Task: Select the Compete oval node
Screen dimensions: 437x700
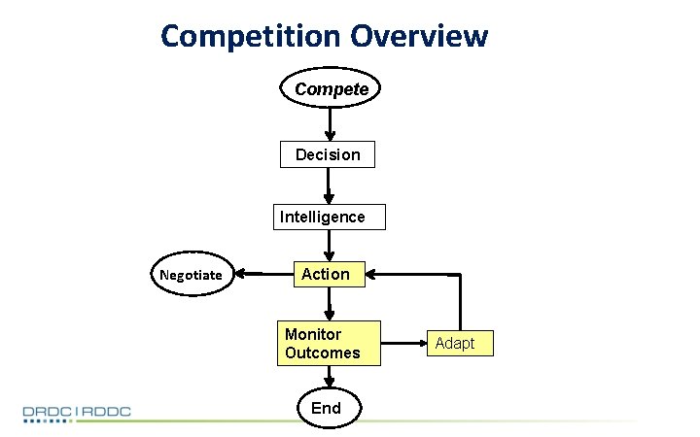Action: [x=331, y=89]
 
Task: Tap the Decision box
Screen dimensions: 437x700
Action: [x=328, y=154]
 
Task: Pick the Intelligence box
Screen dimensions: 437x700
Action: [x=328, y=217]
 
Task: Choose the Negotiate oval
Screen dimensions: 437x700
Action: [x=192, y=275]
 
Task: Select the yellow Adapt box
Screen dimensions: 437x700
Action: [x=455, y=344]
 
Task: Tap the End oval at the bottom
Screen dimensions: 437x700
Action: [x=326, y=408]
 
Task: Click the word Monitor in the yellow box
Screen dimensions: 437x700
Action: [x=313, y=334]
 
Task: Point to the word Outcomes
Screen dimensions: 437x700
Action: [x=322, y=353]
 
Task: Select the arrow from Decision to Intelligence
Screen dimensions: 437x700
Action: [x=329, y=185]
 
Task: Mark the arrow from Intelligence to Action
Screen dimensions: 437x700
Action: [x=329, y=245]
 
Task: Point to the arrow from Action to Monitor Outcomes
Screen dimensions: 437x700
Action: [x=330, y=305]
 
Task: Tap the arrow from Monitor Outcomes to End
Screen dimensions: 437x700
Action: [x=329, y=377]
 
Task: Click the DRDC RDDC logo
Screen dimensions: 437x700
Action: [x=78, y=413]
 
